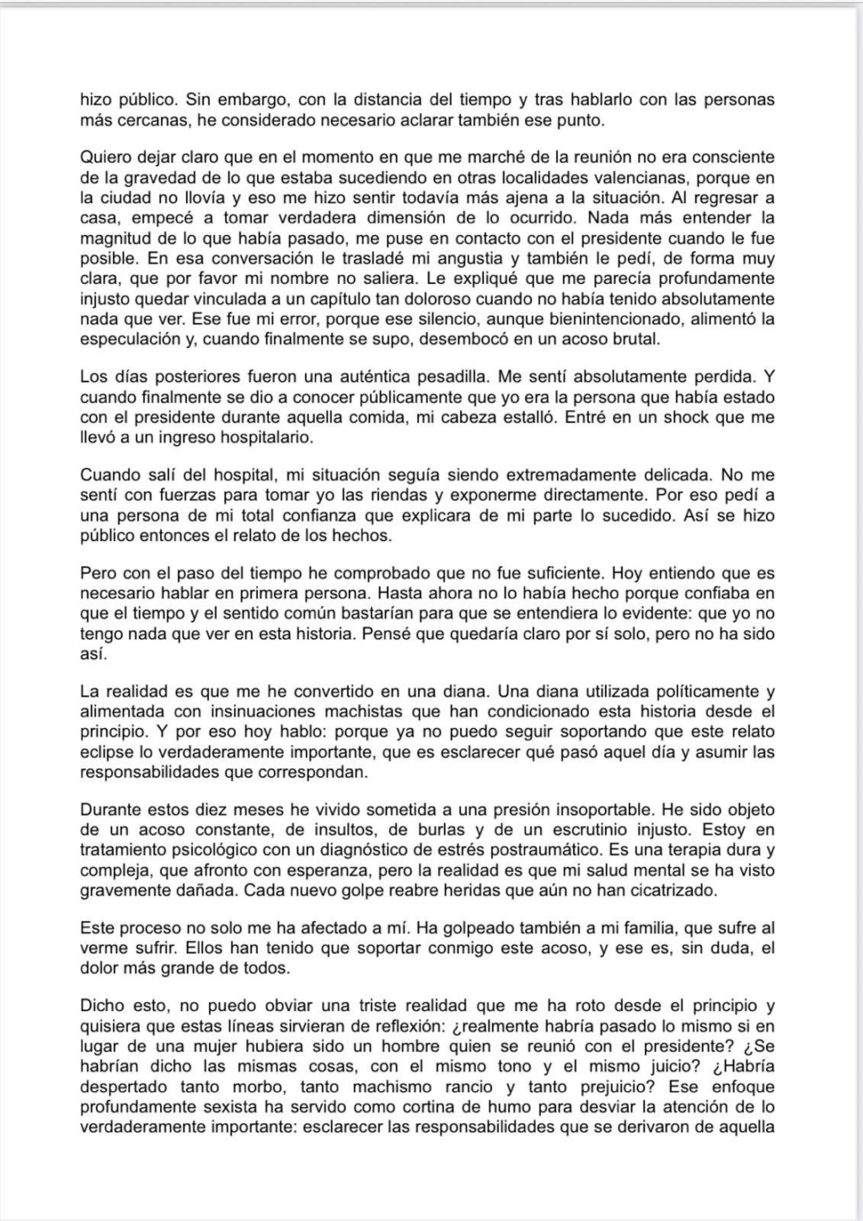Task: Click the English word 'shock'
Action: [x=658, y=417]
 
